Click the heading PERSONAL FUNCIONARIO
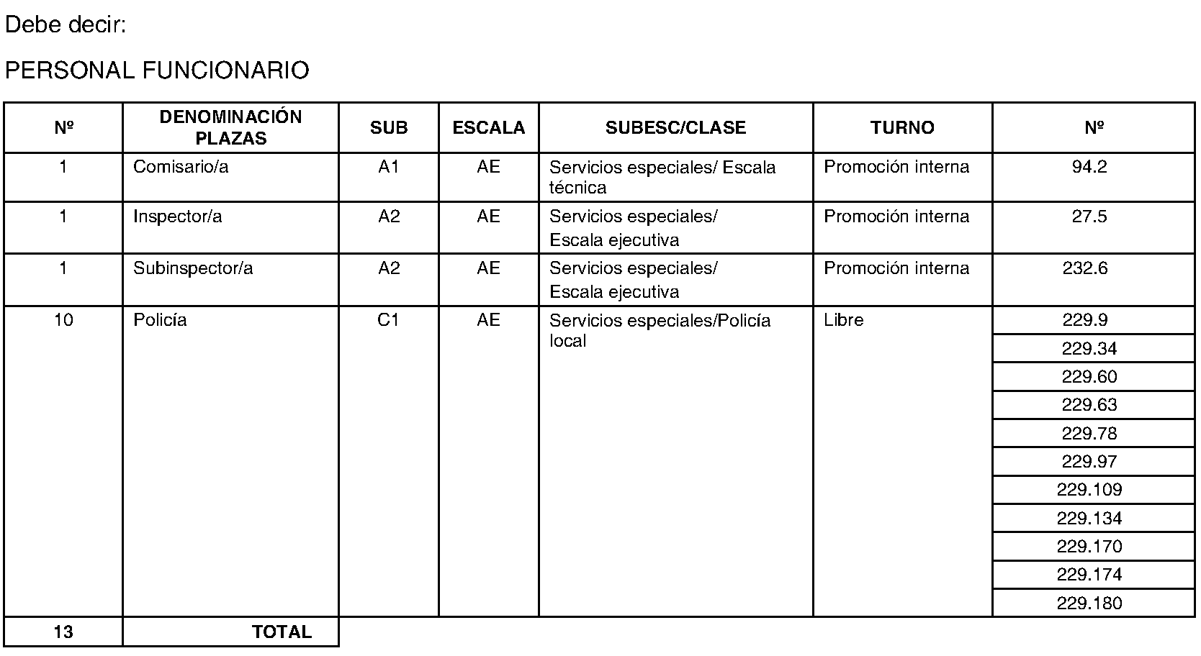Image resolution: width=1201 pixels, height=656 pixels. click(157, 70)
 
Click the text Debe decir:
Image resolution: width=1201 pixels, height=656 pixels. click(66, 26)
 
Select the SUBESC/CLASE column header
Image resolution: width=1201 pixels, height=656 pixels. click(675, 128)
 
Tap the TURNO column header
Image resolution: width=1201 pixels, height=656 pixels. click(901, 128)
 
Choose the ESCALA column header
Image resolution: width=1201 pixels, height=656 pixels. click(488, 128)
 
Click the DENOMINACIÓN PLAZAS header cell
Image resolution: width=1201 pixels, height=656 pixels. click(230, 128)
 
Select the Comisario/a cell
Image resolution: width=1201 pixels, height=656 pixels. click(181, 167)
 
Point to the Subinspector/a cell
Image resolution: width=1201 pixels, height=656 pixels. click(193, 268)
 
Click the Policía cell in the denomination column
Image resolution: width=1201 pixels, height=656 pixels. click(160, 320)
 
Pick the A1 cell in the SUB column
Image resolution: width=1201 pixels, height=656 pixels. click(388, 167)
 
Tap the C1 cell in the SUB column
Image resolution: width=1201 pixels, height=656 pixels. click(388, 320)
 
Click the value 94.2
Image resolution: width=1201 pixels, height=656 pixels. click(1089, 167)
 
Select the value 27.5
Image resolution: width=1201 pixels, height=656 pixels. click(1089, 217)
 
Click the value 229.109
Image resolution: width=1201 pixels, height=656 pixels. click(1089, 490)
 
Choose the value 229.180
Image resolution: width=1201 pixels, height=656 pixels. click(1089, 603)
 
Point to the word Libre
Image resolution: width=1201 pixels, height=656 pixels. click(843, 320)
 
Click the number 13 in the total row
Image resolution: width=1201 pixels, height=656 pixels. click(63, 632)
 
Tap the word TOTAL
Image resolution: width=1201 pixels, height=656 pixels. click(282, 632)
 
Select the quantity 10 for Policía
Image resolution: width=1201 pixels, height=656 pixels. click(63, 320)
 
